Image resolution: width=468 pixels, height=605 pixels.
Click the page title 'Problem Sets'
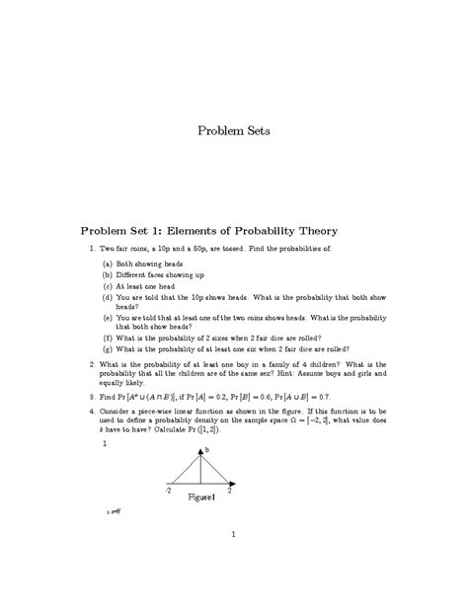click(x=233, y=130)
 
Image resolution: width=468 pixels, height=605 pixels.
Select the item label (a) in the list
click(x=108, y=265)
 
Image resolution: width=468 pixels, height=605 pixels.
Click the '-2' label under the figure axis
click(x=168, y=491)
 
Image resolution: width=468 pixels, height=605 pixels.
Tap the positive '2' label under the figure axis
click(x=229, y=491)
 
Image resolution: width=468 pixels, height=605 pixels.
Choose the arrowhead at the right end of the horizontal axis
click(x=238, y=484)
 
